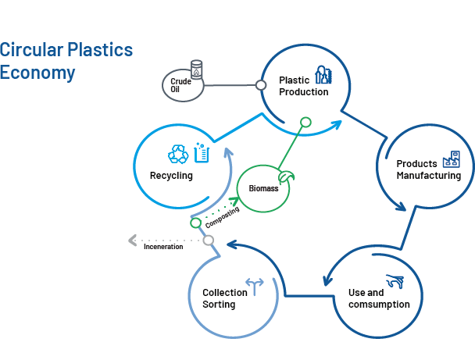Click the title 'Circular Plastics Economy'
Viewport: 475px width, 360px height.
coord(66,61)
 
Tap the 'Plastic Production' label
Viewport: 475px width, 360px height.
coord(303,86)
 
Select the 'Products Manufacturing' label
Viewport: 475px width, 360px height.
coord(427,169)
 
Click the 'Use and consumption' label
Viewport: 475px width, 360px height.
coord(378,298)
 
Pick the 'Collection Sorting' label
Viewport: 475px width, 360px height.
coord(225,298)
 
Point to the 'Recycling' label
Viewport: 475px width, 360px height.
coord(171,176)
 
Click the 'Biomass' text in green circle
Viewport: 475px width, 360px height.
coord(263,189)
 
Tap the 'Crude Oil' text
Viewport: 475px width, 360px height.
coord(180,85)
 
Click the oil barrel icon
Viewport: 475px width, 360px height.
coord(197,70)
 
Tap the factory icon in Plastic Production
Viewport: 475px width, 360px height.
coord(323,74)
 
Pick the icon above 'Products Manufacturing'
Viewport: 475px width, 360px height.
coord(451,159)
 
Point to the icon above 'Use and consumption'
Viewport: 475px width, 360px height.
coord(395,281)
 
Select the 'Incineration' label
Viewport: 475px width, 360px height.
coord(163,246)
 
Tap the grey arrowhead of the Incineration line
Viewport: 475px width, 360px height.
coord(133,240)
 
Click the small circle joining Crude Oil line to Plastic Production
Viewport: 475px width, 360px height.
coord(261,84)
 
